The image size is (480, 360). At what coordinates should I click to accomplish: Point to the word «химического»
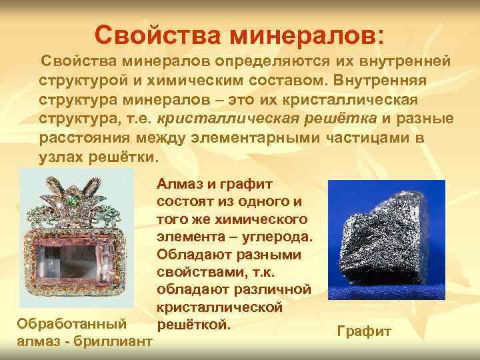pos(267,219)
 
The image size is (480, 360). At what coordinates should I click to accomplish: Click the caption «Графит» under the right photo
pos(364,331)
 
